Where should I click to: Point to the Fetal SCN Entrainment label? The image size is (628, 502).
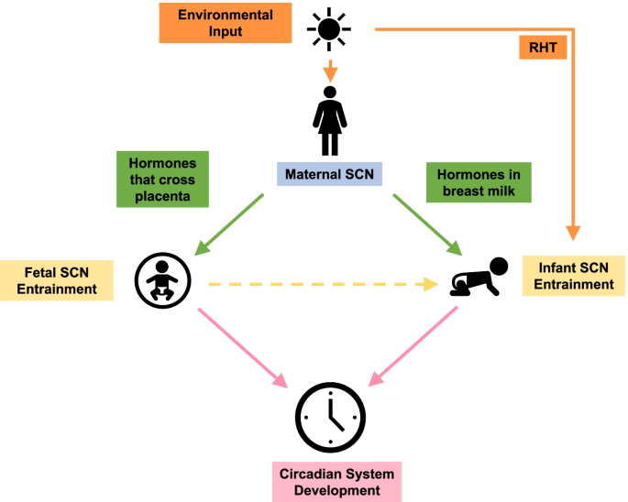coord(57,280)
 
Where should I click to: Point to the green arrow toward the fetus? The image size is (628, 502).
coord(231,223)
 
